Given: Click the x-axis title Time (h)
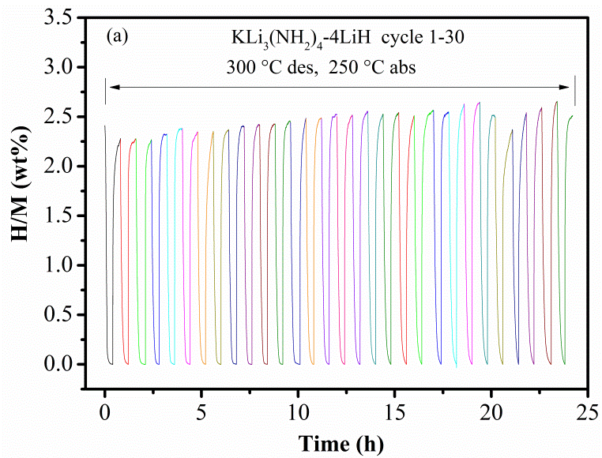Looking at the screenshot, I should (x=347, y=443).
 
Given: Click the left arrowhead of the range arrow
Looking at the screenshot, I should (x=111, y=87).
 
